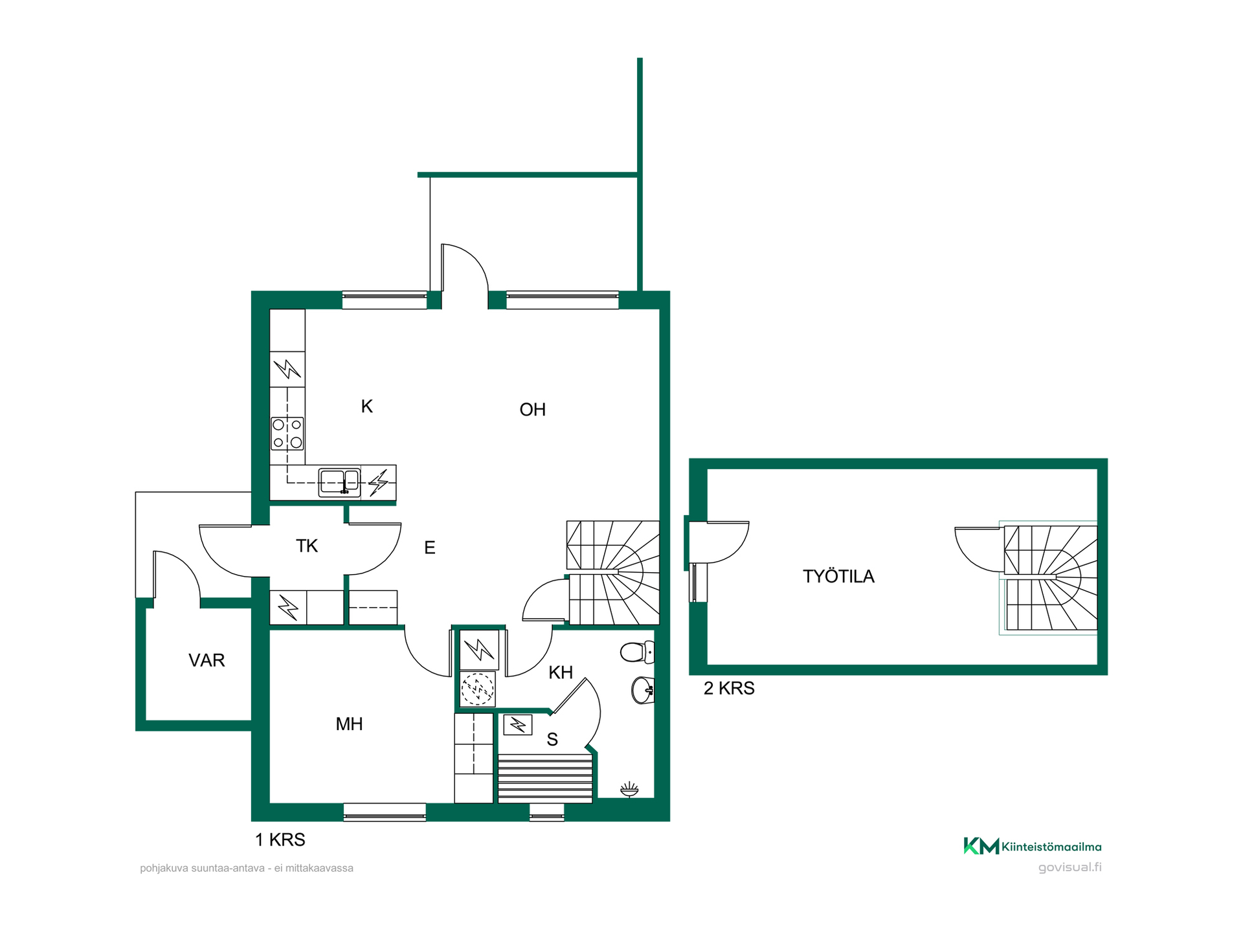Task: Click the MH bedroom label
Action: click(349, 724)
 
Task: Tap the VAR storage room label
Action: click(207, 660)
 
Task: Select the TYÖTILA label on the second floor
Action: click(838, 576)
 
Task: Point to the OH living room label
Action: click(532, 409)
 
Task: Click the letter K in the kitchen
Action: click(366, 406)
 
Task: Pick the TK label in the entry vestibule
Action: click(307, 546)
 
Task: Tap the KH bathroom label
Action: click(561, 672)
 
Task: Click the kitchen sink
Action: click(339, 483)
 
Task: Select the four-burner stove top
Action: click(287, 434)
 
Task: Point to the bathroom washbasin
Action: click(642, 690)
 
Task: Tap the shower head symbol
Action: click(629, 789)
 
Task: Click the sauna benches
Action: click(545, 778)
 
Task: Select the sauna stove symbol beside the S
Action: click(518, 724)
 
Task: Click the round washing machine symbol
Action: click(478, 689)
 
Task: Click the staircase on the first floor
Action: click(613, 573)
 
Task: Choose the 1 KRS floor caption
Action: click(280, 839)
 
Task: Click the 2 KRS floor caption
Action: click(729, 688)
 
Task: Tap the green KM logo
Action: click(981, 846)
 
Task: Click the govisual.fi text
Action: click(1069, 867)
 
